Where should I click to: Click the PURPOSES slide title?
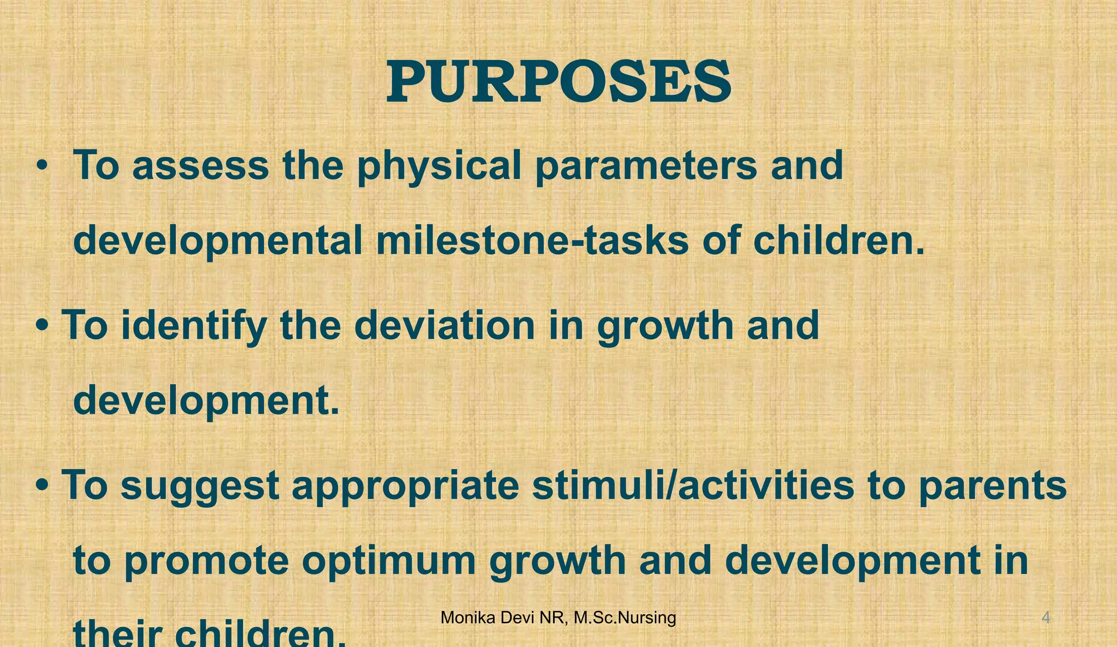[558, 82]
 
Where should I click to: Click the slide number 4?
[1046, 618]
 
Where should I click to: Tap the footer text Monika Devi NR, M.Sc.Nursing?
[558, 618]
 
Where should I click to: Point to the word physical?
[439, 166]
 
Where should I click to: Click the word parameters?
[646, 166]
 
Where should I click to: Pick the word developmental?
[218, 241]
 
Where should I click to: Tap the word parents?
[992, 486]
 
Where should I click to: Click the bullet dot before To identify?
[42, 326]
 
